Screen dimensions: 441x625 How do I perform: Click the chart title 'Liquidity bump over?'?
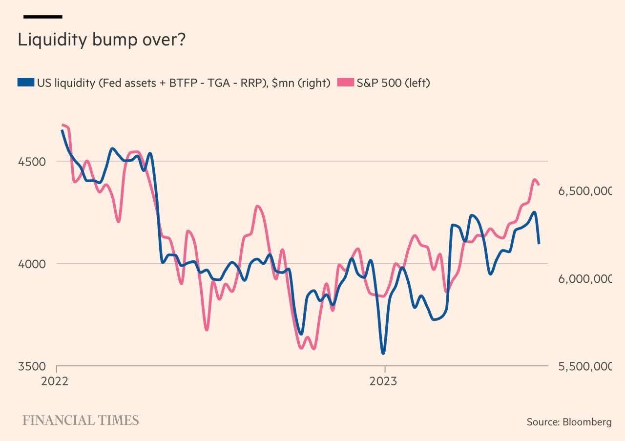click(102, 40)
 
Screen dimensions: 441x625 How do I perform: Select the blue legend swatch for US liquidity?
click(26, 83)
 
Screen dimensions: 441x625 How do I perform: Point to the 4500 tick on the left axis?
click(32, 162)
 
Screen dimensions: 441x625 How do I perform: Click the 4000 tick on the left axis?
click(32, 264)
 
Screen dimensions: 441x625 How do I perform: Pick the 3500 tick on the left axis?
click(32, 366)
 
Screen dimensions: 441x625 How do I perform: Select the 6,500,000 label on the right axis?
click(584, 191)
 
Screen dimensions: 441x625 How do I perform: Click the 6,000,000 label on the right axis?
click(584, 278)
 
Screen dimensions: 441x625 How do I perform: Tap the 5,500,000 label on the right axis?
click(584, 366)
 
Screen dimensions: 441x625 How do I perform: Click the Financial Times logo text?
click(81, 420)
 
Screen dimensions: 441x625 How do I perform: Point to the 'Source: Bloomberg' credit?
click(569, 422)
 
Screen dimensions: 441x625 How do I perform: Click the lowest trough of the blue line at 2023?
click(383, 353)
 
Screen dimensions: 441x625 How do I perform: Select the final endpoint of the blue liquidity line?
click(539, 243)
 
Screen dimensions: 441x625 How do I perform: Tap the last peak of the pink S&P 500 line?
click(534, 180)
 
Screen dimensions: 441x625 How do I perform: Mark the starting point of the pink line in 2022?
click(63, 125)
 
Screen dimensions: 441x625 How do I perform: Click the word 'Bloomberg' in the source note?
click(587, 422)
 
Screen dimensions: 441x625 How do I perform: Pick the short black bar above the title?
click(43, 17)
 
